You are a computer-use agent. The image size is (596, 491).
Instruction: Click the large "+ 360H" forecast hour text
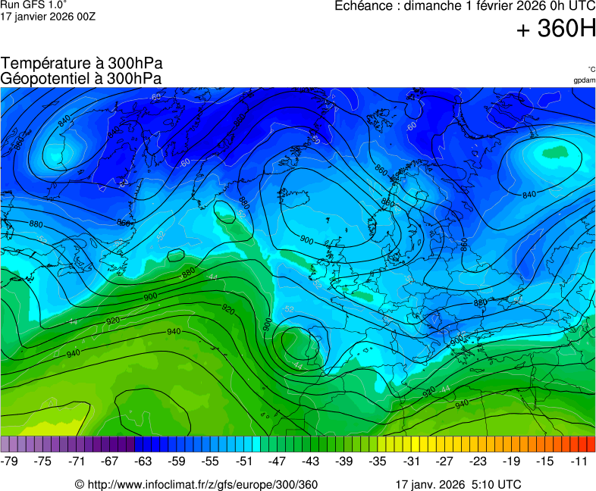556,30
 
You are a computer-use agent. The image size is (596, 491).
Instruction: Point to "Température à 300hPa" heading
82,64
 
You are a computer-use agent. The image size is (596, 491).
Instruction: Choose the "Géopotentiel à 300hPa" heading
82,78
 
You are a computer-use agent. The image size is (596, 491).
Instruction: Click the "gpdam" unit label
584,80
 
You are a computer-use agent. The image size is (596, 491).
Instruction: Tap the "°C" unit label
591,69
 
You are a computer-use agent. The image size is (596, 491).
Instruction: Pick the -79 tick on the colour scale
11,461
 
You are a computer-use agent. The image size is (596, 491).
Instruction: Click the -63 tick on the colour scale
144,461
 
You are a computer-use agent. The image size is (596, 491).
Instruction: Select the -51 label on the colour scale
244,461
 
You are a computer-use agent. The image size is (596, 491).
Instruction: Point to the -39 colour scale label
344,461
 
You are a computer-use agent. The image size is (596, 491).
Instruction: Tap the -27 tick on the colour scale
444,461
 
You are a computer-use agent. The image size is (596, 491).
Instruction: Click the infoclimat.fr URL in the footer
202,484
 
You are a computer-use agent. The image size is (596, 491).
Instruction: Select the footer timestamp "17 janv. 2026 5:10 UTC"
458,484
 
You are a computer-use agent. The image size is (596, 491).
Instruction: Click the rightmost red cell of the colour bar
591,444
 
